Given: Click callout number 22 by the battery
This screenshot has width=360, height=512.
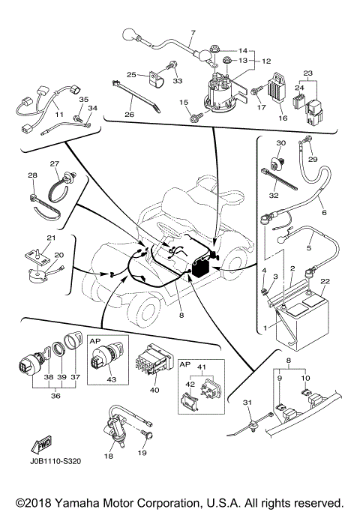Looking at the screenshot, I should (x=304, y=281).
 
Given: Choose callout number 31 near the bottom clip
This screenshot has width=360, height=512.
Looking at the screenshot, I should (x=247, y=404).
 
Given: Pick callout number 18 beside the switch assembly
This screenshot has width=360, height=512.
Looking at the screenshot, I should (x=109, y=456).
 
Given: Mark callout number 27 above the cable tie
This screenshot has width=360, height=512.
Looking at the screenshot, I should (x=54, y=163).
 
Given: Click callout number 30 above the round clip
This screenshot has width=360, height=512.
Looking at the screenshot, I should (x=281, y=143).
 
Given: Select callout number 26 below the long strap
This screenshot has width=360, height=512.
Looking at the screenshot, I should (x=129, y=115).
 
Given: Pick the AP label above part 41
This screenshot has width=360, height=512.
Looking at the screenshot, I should (x=185, y=363).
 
